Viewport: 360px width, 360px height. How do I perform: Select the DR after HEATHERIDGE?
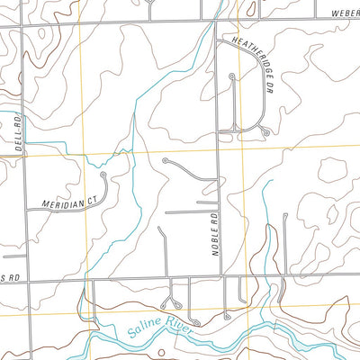coord(267,87)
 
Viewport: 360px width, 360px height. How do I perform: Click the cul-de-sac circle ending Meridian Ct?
coord(104,175)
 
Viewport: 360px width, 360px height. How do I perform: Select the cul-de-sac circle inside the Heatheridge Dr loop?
coord(232,76)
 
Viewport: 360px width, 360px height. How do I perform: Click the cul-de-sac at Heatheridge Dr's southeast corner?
coord(266,132)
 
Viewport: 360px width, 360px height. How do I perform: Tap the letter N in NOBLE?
coord(217,254)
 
